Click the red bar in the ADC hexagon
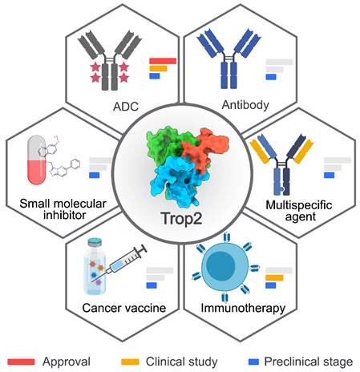click(163, 60)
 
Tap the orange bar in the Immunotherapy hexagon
click(274, 278)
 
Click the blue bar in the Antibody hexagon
click(270, 77)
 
